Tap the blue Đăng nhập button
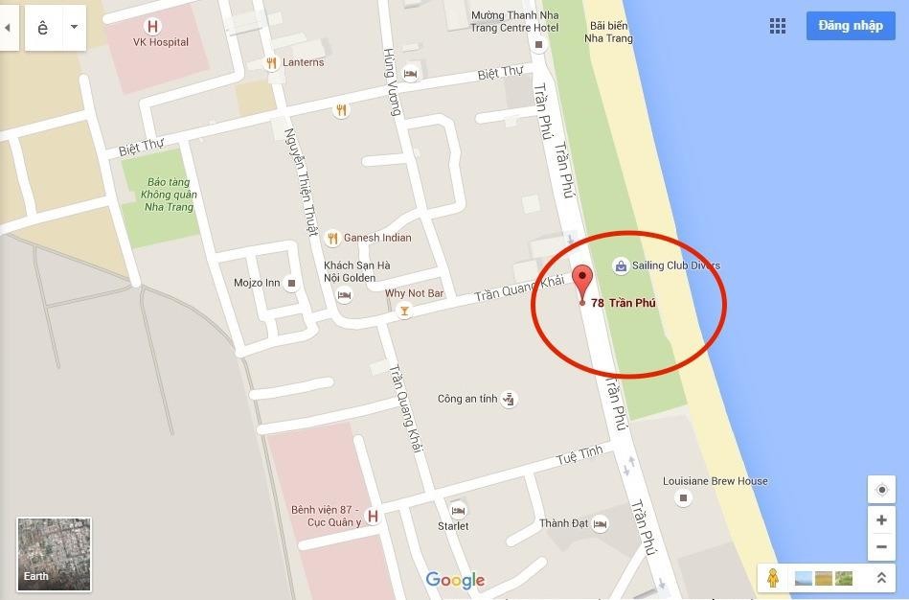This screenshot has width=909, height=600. [x=851, y=26]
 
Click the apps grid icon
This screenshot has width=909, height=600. [x=778, y=26]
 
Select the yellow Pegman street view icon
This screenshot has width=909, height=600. [x=773, y=578]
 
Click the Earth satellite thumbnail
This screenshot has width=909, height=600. [x=54, y=554]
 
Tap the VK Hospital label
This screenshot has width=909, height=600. [x=161, y=42]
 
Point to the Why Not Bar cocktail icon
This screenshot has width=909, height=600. [x=404, y=312]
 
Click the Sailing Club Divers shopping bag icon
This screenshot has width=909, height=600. [x=621, y=265]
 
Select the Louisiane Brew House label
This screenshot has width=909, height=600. [x=716, y=481]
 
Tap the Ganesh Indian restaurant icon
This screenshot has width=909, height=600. [x=332, y=238]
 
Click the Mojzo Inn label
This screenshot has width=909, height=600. [x=257, y=283]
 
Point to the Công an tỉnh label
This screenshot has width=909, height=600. [x=467, y=399]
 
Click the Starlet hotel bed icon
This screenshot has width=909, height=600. [x=458, y=510]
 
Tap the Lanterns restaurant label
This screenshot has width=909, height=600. [x=303, y=62]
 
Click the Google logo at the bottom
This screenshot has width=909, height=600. [x=455, y=580]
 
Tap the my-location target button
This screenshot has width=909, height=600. [x=881, y=489]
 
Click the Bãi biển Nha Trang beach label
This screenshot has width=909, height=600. [x=611, y=32]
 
